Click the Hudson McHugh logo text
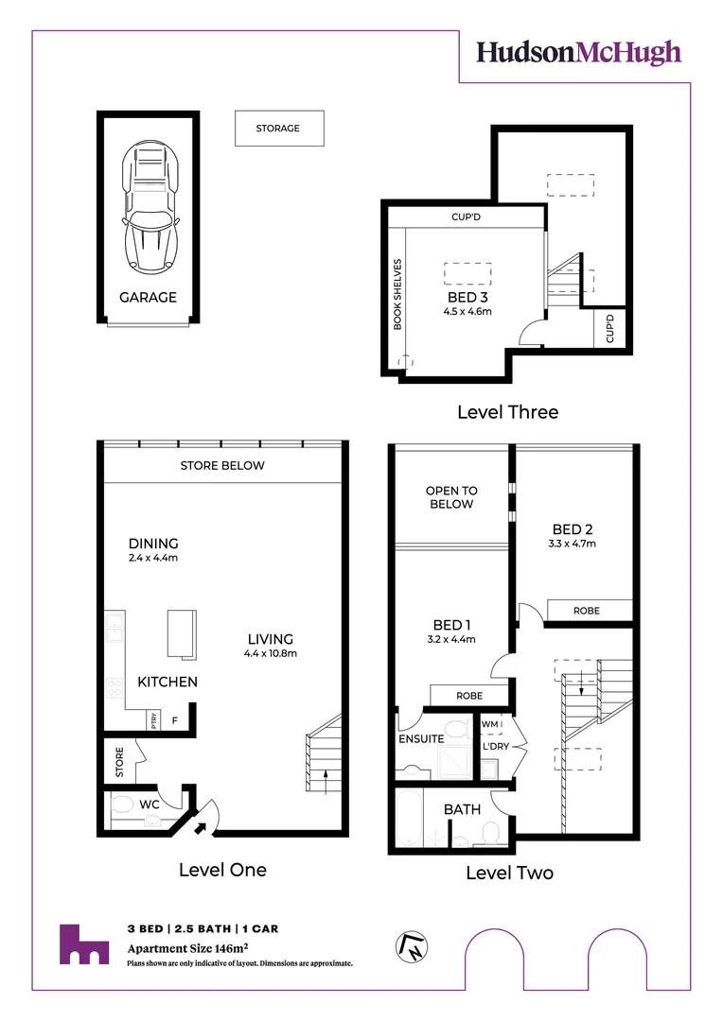pyautogui.click(x=578, y=52)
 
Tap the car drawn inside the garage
pyautogui.click(x=150, y=206)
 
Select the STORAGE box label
pyautogui.click(x=278, y=129)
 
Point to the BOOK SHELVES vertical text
pyautogui.click(x=397, y=294)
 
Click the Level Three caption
pyautogui.click(x=507, y=412)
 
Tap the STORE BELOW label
pyautogui.click(x=222, y=465)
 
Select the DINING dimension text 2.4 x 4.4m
pyautogui.click(x=153, y=558)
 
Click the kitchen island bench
pyautogui.click(x=182, y=632)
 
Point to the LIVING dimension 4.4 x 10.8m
pyautogui.click(x=271, y=653)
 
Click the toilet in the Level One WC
pyautogui.click(x=123, y=805)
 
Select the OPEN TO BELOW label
pyautogui.click(x=450, y=497)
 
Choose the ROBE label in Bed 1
pyautogui.click(x=468, y=695)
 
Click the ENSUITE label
pyautogui.click(x=420, y=738)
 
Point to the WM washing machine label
pyautogui.click(x=489, y=725)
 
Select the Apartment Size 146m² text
pyautogui.click(x=187, y=948)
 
